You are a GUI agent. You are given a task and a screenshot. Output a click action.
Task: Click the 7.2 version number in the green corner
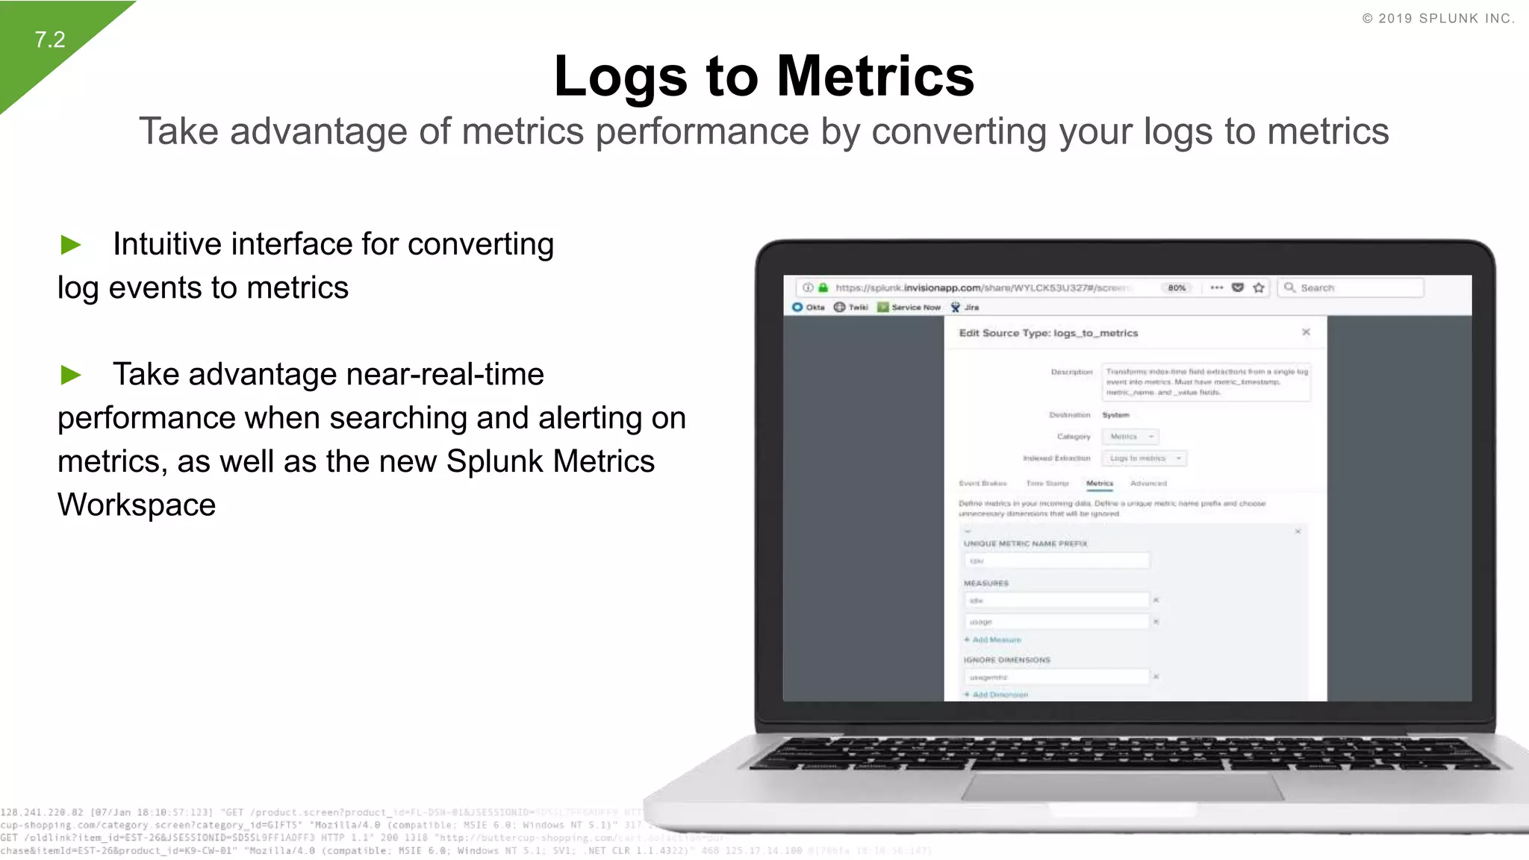(x=50, y=40)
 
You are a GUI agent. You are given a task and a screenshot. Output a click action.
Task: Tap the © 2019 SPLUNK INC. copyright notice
(x=1438, y=19)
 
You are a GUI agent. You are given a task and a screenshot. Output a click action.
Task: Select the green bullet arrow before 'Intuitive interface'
(x=71, y=245)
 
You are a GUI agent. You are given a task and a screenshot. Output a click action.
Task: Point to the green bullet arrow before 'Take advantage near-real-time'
(x=71, y=375)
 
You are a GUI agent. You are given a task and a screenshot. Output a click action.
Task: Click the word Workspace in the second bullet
(x=137, y=505)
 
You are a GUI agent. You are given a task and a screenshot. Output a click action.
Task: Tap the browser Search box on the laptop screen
(x=1351, y=288)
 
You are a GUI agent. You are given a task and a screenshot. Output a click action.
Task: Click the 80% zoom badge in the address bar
(x=1177, y=288)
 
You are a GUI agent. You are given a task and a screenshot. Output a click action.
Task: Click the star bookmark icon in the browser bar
(x=1259, y=288)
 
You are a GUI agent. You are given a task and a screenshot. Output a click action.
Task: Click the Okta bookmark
(x=809, y=308)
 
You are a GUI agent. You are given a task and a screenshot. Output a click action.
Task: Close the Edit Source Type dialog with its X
(x=1306, y=332)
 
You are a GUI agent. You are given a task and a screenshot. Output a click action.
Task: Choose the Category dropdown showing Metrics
(x=1130, y=437)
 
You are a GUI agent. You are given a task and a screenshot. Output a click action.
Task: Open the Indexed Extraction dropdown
(x=1144, y=458)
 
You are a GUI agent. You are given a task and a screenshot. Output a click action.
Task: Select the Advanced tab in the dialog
(x=1148, y=484)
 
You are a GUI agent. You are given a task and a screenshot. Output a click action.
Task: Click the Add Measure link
(x=996, y=640)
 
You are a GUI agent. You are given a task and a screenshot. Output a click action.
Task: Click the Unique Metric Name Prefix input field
(x=1056, y=561)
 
